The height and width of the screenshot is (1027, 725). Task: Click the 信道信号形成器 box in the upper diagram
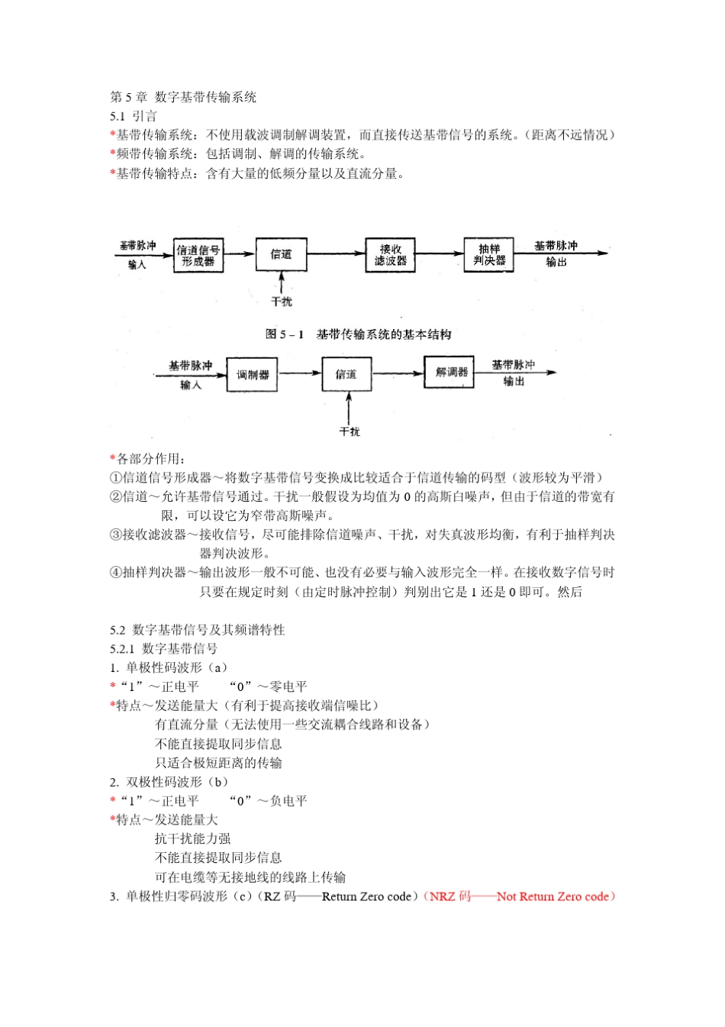(198, 255)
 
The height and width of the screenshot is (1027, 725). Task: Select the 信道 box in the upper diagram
(281, 254)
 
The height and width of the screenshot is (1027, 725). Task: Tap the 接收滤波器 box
(390, 255)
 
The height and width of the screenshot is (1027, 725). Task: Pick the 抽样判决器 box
(489, 255)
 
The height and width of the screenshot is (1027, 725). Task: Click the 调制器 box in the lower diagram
(253, 375)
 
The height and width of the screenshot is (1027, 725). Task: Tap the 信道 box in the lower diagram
(346, 374)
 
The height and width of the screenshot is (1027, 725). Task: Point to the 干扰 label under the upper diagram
(282, 302)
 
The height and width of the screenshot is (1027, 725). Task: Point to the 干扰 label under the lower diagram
(350, 431)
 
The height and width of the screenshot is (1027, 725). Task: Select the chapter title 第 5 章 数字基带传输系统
(183, 97)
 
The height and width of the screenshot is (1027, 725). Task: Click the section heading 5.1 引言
(134, 116)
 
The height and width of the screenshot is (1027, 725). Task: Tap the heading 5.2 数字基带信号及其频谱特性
(198, 630)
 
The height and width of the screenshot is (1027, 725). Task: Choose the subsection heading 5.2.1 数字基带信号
(164, 649)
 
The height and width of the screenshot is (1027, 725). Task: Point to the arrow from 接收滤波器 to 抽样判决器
(440, 254)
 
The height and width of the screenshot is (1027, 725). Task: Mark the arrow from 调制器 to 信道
(300, 373)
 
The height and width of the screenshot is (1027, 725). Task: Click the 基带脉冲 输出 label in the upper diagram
(556, 254)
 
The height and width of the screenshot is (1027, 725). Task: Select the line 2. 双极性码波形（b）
(169, 782)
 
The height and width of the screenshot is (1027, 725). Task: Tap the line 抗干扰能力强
(192, 838)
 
